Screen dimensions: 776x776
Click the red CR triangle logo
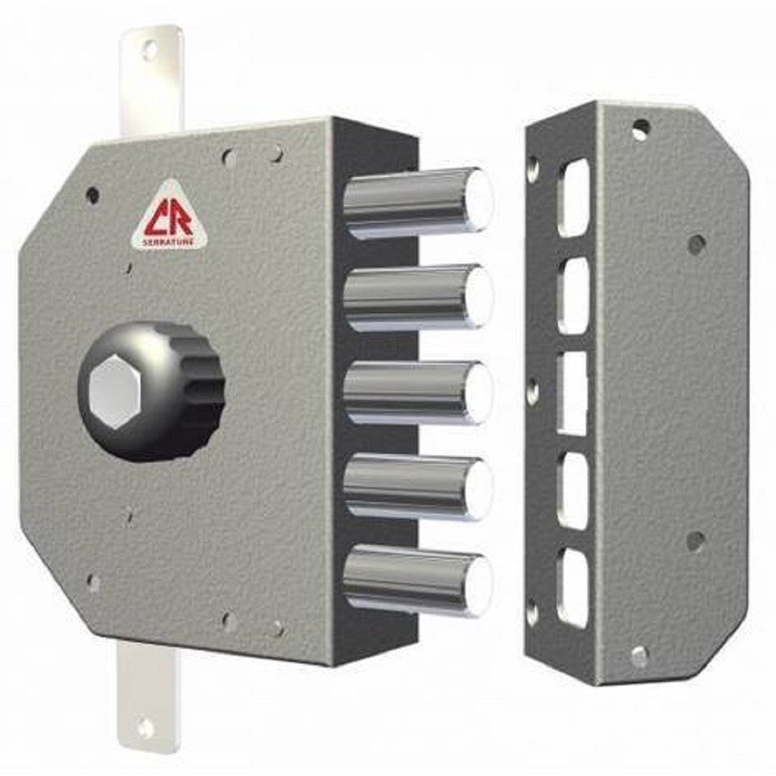click(168, 217)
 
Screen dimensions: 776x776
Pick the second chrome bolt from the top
click(419, 297)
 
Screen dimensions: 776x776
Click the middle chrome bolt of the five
click(419, 393)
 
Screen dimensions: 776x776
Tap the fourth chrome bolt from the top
click(419, 487)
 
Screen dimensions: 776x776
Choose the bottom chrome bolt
click(419, 581)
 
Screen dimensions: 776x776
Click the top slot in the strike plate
click(573, 198)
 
